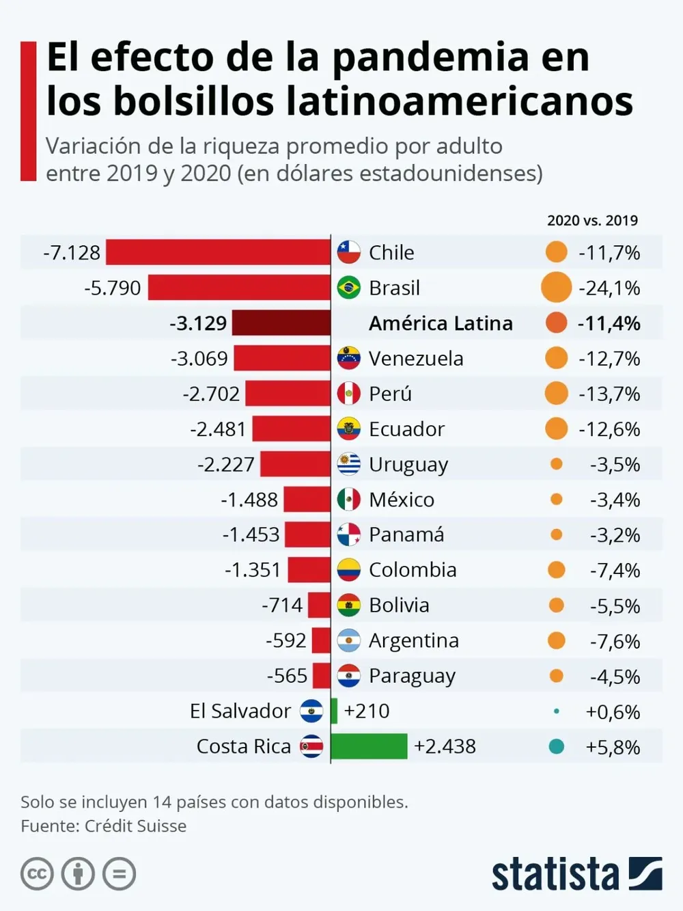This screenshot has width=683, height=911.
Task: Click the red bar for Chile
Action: point(218,252)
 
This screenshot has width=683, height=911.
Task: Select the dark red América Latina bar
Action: point(281,323)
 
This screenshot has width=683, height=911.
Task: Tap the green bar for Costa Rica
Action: point(369,746)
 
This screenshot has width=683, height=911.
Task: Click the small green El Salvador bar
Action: point(334,711)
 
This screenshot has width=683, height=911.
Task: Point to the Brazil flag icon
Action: point(349,288)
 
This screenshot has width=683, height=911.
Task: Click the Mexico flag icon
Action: point(349,500)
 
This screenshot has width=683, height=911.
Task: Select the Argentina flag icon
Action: point(349,640)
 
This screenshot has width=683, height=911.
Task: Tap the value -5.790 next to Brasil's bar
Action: point(113,288)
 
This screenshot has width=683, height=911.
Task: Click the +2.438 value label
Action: point(445,746)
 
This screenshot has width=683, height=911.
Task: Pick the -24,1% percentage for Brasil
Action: point(609,288)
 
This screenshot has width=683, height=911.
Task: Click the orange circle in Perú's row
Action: point(557,394)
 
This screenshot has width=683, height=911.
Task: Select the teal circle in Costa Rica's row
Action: point(557,746)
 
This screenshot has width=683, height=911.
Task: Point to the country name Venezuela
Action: point(416,358)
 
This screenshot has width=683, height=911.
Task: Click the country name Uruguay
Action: point(408,465)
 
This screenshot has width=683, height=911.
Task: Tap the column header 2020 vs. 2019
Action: point(592,221)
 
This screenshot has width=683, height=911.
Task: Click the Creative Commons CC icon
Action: point(37,874)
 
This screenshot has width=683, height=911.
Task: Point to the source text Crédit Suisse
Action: point(135,826)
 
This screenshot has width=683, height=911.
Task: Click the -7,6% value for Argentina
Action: point(615,641)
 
